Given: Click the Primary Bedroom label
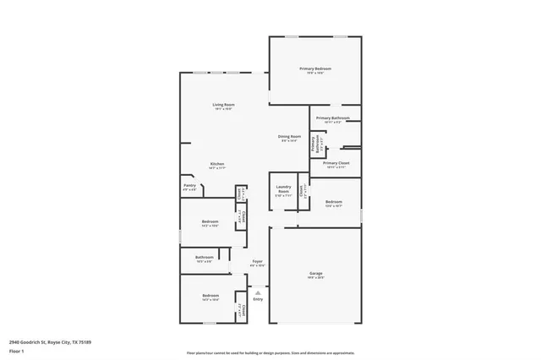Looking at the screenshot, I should tap(315, 68).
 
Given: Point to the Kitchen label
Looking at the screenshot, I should tap(217, 164).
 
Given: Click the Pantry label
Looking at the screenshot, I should tap(189, 186).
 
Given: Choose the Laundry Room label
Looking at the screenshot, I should tap(283, 188).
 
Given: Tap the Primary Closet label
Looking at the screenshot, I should tap(336, 162).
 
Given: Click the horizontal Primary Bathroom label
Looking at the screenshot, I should tap(333, 118).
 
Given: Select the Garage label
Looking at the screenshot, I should tap(315, 273).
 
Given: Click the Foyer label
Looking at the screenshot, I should tap(257, 261).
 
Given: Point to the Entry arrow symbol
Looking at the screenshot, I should tap(258, 292).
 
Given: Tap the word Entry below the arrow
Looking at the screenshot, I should tap(258, 299).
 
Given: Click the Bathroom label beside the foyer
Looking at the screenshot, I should tap(204, 257).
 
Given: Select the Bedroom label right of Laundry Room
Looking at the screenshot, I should tap(334, 201).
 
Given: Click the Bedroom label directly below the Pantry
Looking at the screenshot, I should tap(210, 221).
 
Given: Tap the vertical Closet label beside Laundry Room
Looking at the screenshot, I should tap(302, 193).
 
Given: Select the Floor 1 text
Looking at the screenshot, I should tap(17, 350).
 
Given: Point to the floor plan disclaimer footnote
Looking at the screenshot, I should tap(270, 353).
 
